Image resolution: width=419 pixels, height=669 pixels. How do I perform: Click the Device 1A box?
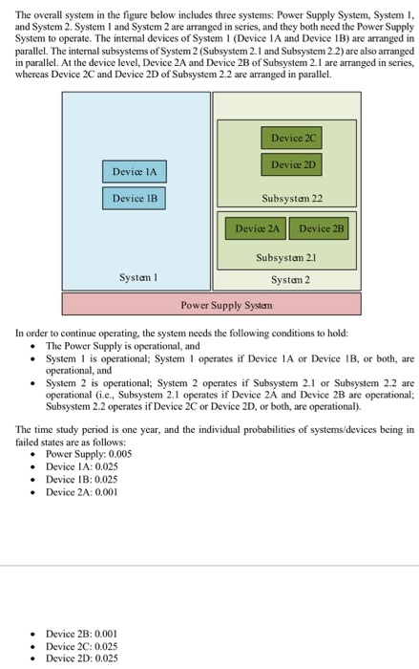(134, 171)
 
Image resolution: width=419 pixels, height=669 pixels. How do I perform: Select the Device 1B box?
(134, 198)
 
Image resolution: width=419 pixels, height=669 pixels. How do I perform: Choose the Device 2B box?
(321, 229)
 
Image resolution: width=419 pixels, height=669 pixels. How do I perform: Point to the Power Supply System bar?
(211, 305)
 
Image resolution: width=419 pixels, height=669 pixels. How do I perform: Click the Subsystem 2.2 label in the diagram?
(291, 198)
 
